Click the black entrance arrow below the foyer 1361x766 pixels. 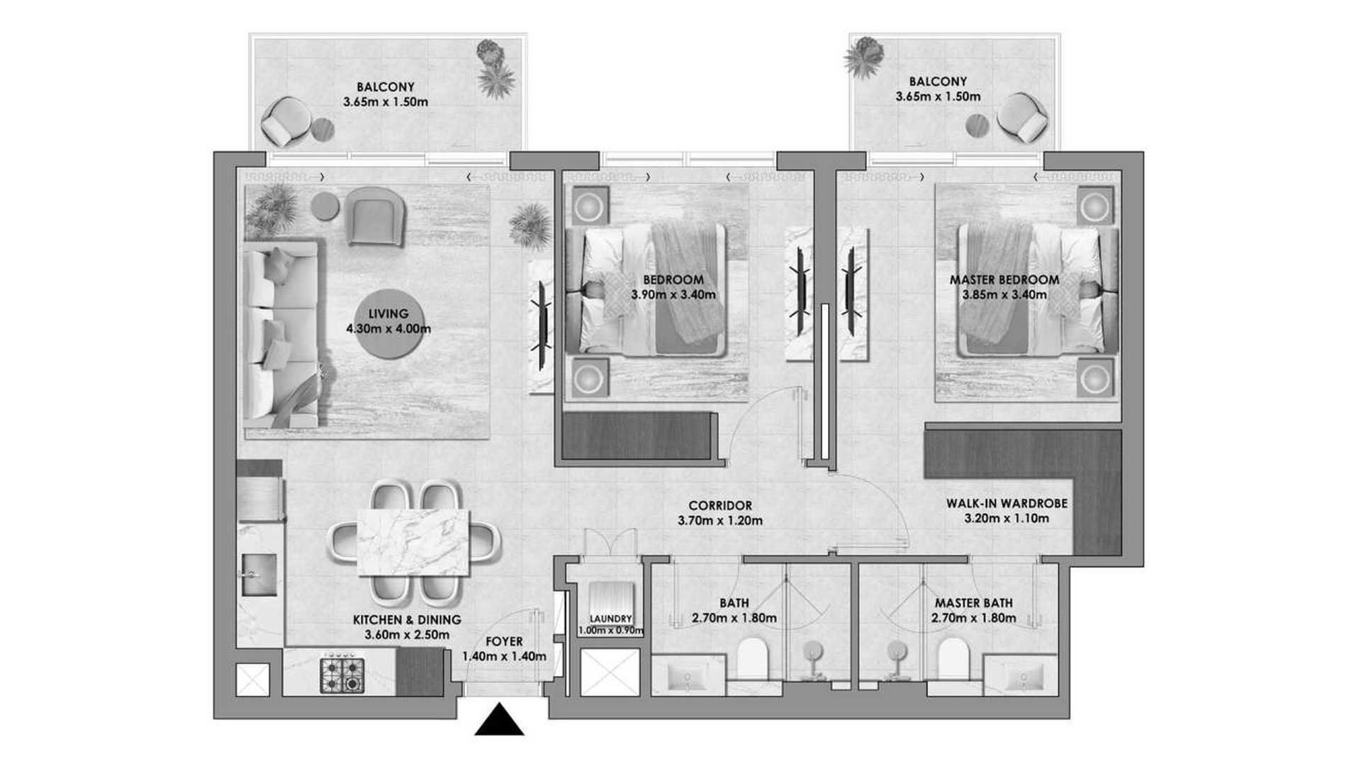(499, 719)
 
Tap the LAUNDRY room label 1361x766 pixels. (610, 619)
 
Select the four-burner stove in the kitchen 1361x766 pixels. (342, 675)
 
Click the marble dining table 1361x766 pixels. (414, 543)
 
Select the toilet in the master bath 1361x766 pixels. (953, 660)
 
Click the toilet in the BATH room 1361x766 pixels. (753, 660)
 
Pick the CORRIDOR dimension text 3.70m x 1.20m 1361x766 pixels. (720, 521)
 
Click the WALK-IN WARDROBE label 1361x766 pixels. (1007, 504)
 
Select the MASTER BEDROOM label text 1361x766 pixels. (1004, 280)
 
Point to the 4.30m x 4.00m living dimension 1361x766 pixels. (388, 328)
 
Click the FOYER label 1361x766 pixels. (504, 642)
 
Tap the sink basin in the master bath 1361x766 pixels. (1022, 675)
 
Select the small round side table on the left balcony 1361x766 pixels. (323, 129)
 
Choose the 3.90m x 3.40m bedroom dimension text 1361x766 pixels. (673, 294)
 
